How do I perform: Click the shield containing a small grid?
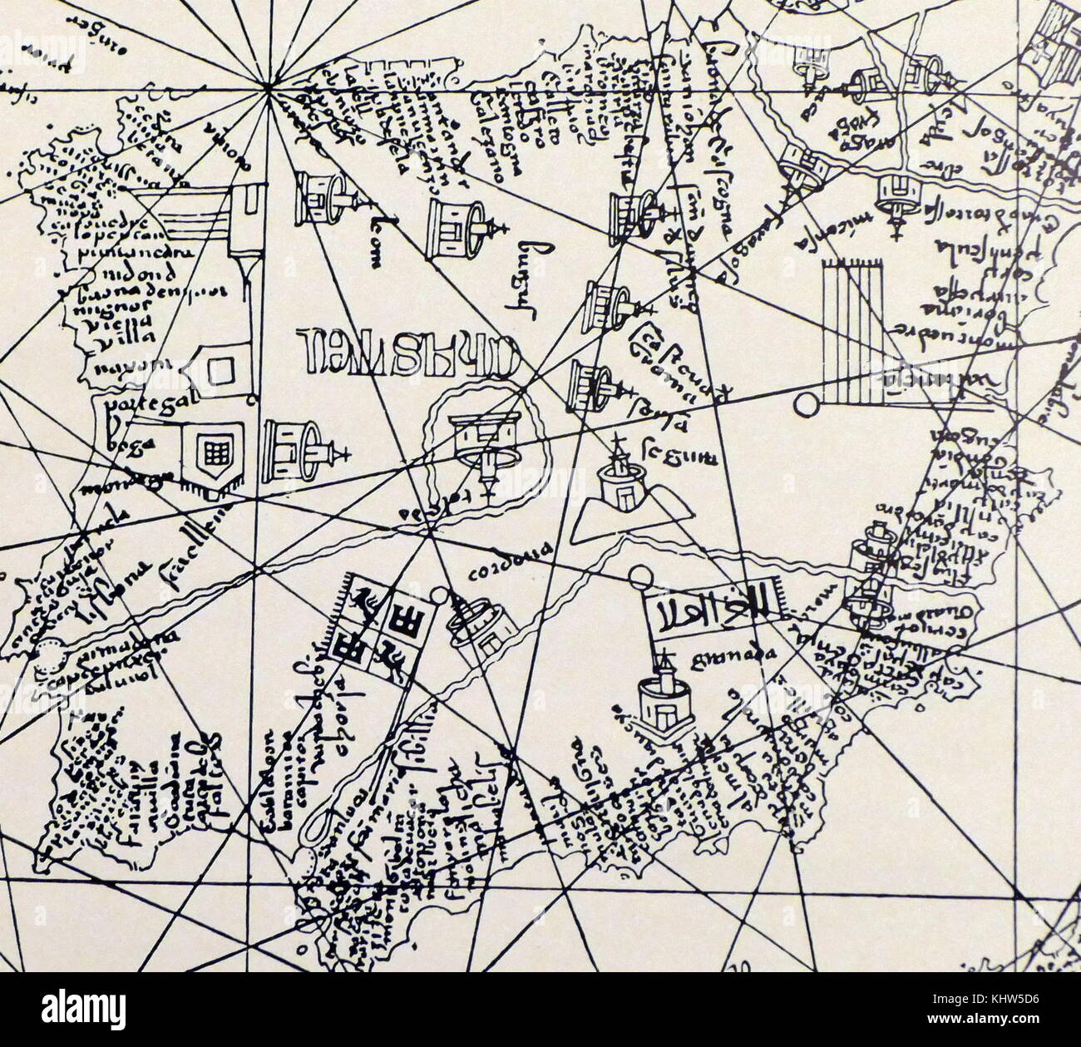click(x=212, y=451)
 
